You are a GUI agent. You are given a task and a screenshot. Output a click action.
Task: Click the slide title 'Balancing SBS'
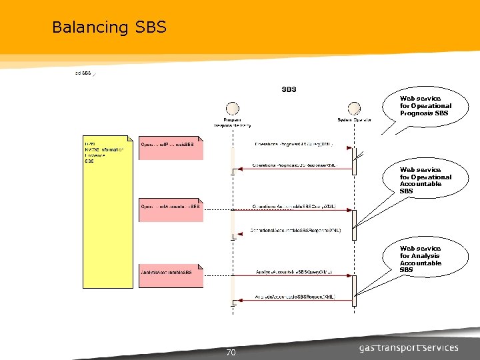click(109, 27)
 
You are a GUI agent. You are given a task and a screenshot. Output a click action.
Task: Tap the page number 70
click(231, 353)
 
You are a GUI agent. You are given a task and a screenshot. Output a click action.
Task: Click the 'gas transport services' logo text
click(408, 347)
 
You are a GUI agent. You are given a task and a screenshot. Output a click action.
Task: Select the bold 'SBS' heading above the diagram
click(289, 89)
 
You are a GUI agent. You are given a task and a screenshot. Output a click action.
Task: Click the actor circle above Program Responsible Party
click(233, 109)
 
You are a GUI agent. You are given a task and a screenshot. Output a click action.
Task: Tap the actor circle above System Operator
click(354, 109)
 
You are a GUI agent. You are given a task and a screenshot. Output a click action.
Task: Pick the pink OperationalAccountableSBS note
click(171, 209)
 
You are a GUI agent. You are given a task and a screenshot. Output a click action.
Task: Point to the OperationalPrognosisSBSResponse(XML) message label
click(295, 165)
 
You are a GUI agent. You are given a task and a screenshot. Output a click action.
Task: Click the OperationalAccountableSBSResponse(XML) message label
click(295, 230)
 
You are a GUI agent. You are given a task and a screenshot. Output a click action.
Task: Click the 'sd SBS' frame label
click(83, 73)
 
